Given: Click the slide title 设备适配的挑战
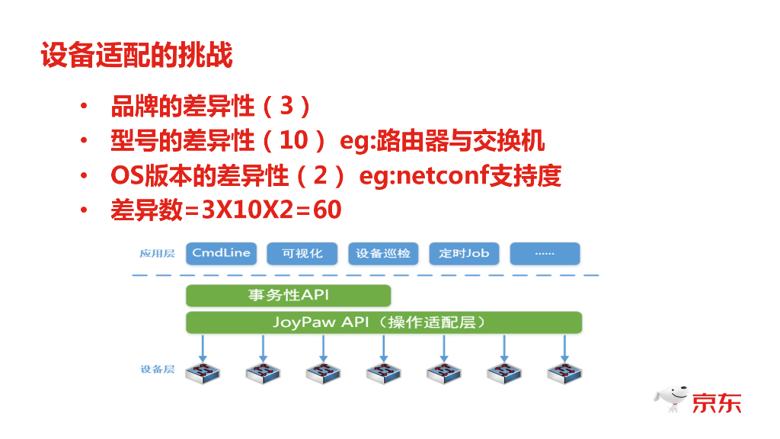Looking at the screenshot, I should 137,56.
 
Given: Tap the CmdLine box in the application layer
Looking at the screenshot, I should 221,253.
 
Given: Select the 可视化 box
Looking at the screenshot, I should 302,253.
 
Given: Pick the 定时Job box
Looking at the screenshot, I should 464,253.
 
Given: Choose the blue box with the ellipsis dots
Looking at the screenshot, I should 545,253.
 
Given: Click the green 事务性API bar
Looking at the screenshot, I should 288,295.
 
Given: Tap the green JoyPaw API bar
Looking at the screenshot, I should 384,322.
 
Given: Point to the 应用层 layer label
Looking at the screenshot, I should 157,253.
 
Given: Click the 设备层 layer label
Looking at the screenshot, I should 157,370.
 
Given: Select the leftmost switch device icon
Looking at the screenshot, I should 203,373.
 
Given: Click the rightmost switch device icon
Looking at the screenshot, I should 564,373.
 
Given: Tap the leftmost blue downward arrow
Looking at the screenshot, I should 203,348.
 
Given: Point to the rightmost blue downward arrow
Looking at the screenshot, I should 564,348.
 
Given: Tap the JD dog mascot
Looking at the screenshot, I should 671,398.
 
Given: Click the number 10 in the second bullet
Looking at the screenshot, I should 292,141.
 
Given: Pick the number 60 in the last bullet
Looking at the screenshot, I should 327,210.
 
